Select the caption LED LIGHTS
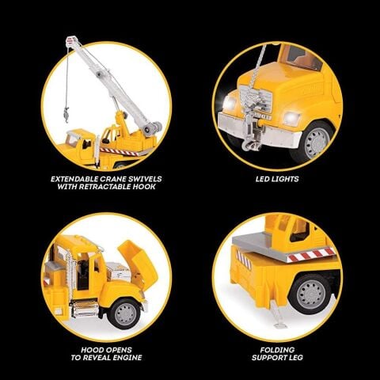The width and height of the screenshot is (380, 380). tap(276, 179)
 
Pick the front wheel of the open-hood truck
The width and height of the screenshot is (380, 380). tap(124, 312)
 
